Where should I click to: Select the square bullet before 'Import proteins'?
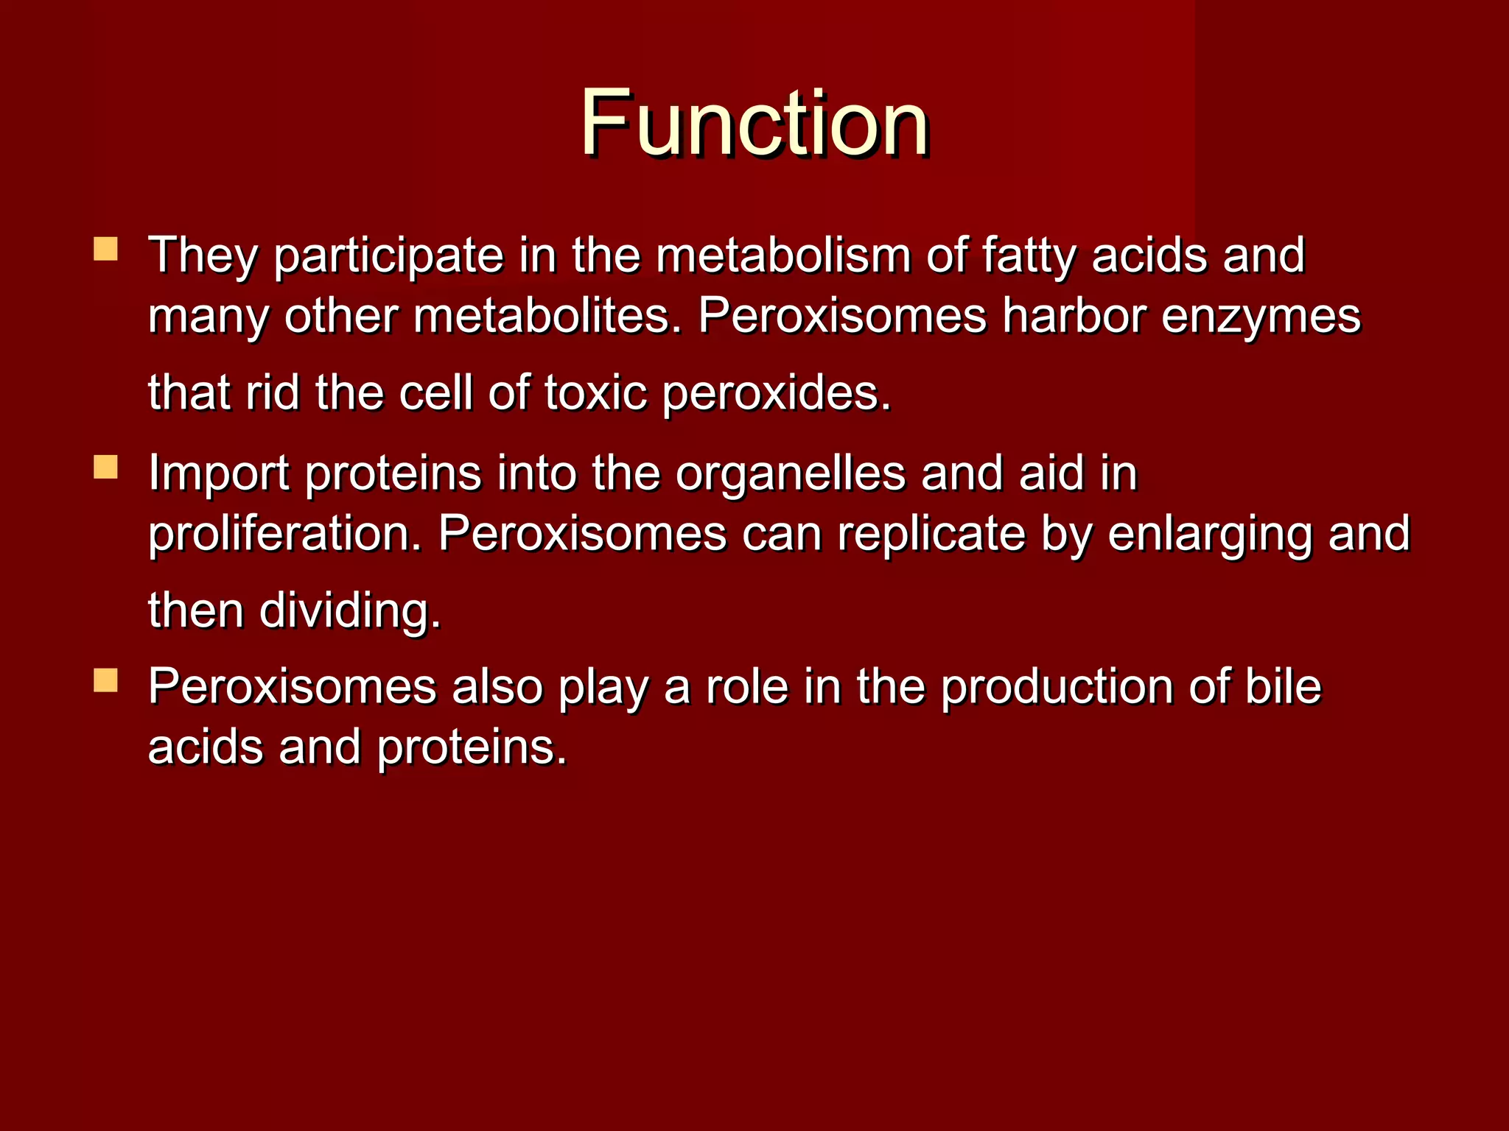(106, 466)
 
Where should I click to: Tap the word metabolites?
(548, 317)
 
